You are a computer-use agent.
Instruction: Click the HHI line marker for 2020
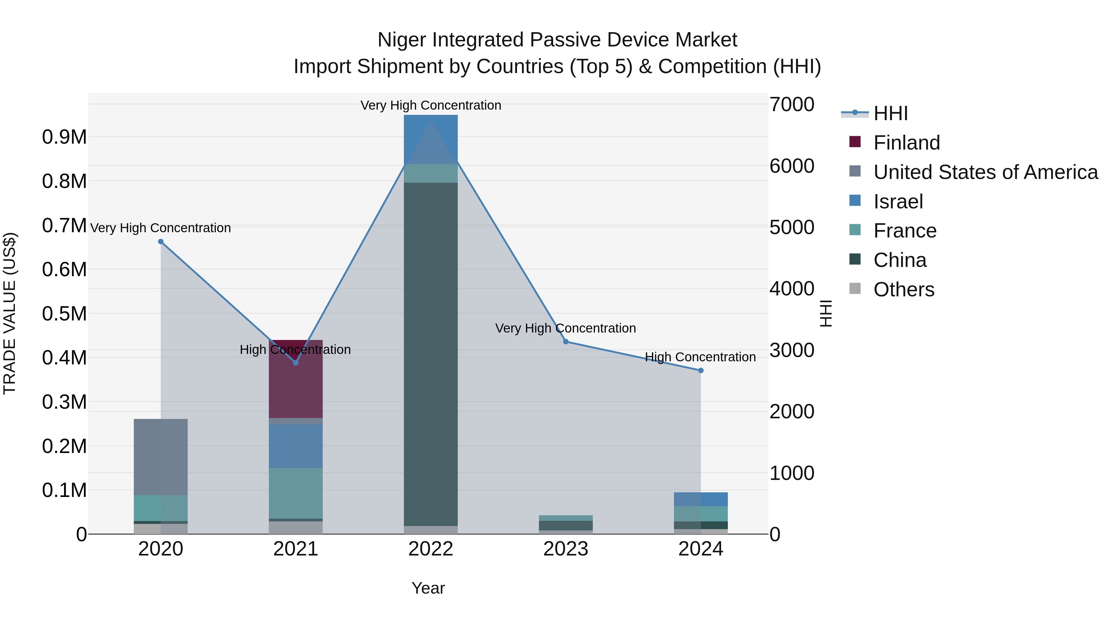click(160, 242)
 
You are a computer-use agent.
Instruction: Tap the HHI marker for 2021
click(296, 363)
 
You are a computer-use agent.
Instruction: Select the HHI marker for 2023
click(566, 342)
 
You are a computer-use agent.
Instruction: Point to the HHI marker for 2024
click(701, 370)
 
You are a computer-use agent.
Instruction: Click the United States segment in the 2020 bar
click(160, 456)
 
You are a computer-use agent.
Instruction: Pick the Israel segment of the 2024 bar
click(701, 499)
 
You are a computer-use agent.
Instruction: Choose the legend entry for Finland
click(906, 143)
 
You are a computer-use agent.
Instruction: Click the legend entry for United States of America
click(985, 172)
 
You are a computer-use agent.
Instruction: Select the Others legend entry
click(903, 290)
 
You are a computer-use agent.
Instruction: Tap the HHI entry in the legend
click(890, 113)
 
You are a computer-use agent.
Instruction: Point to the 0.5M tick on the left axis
click(64, 314)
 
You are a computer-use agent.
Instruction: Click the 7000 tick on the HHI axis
click(792, 104)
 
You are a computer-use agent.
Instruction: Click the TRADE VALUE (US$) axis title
click(10, 313)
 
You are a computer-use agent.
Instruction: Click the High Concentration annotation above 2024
click(700, 357)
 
